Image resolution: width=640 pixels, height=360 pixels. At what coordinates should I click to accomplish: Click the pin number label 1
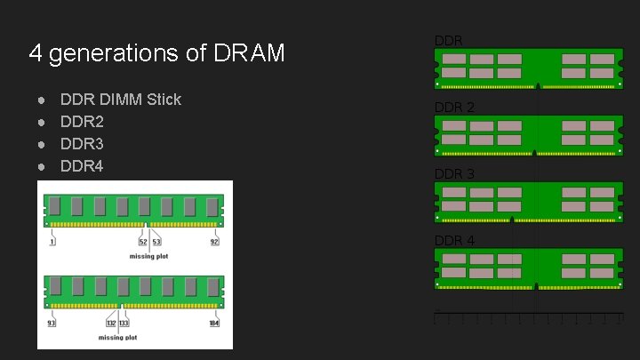52,241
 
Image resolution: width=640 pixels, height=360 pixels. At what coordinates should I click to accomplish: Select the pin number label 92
214,241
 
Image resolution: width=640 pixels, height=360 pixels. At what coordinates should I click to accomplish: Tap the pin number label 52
142,241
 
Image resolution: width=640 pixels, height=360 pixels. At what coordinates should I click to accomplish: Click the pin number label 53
156,241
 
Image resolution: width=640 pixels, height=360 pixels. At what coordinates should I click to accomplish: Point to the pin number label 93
51,323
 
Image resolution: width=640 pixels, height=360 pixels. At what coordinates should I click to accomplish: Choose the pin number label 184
213,323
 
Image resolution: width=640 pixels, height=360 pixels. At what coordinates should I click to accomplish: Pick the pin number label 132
112,323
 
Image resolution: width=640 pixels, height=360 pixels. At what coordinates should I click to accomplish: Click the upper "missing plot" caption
148,256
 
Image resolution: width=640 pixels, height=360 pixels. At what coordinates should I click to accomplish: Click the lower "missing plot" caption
117,338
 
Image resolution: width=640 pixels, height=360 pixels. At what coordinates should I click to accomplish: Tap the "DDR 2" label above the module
454,108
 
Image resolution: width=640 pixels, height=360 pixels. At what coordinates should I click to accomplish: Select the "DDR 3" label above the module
454,174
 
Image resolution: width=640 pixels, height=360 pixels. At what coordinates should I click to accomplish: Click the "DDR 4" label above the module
454,241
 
